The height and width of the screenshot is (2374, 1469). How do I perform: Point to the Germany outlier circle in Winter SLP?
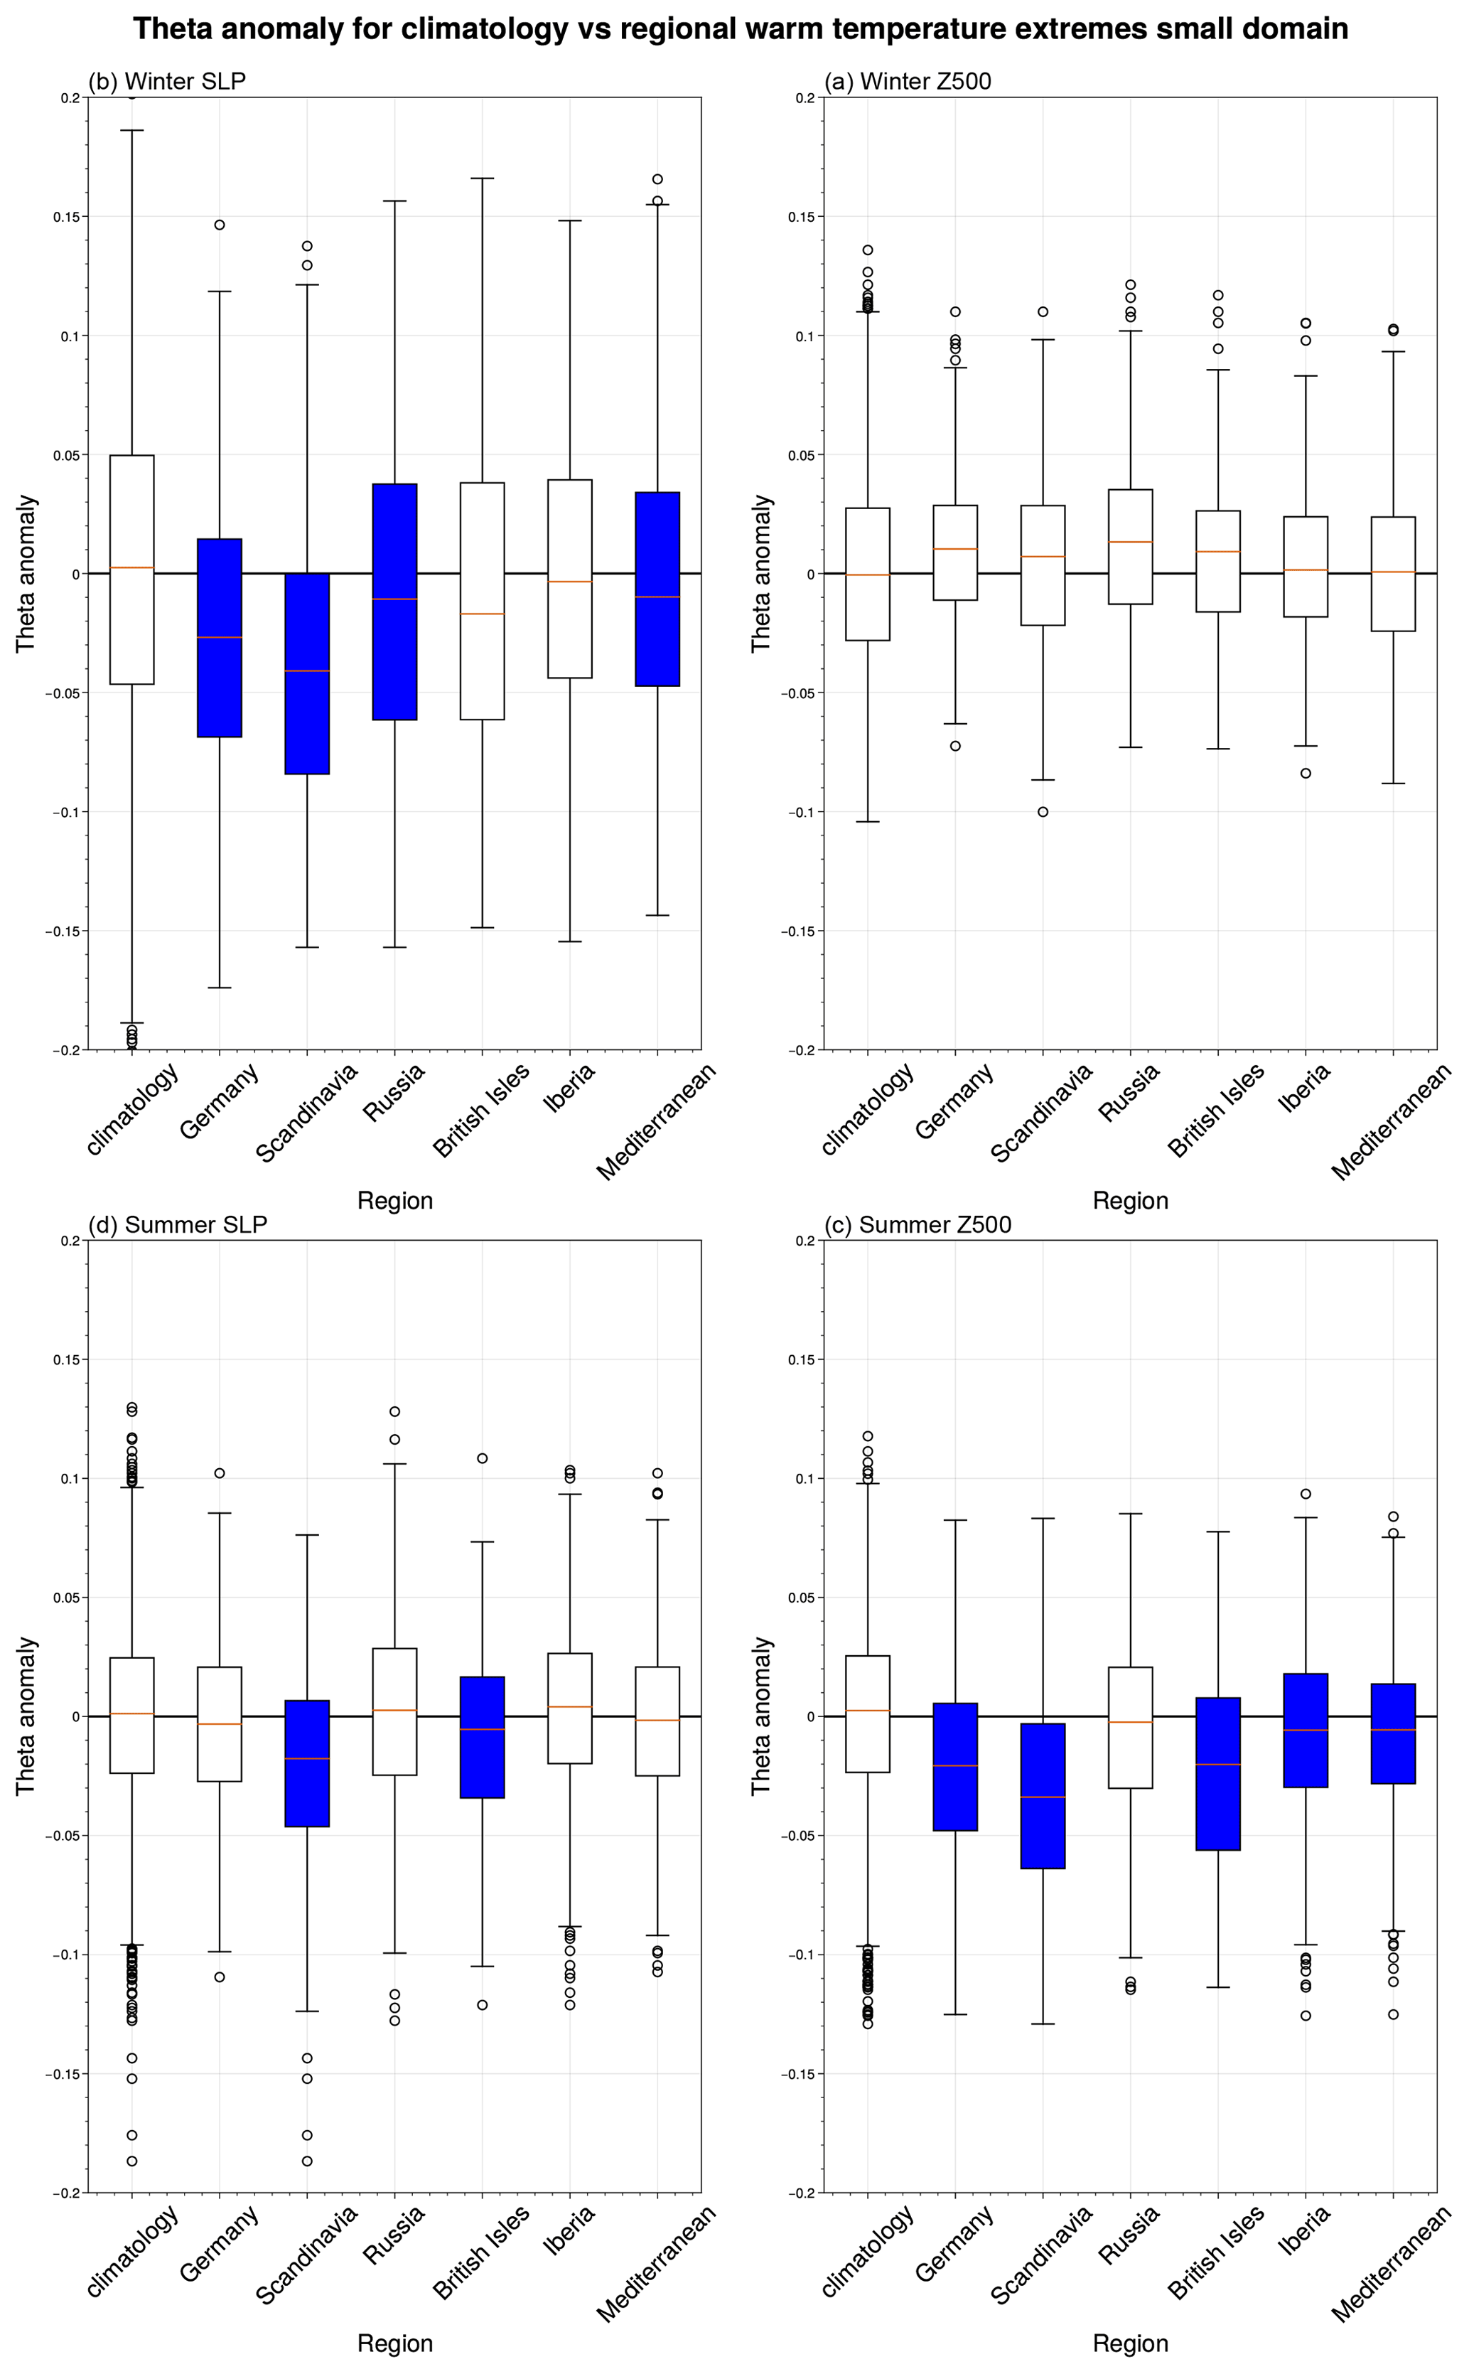point(220,225)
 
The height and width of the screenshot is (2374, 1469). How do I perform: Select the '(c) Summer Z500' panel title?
point(918,1225)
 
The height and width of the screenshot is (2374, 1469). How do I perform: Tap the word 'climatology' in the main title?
point(484,29)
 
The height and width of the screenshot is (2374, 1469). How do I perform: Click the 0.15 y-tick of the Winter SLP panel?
point(66,217)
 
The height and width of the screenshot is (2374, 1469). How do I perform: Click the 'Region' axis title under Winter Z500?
point(1130,1201)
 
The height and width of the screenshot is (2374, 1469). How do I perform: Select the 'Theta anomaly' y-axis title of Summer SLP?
point(26,1716)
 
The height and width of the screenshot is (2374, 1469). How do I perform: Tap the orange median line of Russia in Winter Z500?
point(1130,541)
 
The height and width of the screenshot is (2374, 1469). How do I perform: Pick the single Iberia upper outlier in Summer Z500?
point(1306,1495)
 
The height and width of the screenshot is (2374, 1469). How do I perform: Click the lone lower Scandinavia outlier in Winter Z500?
point(1043,811)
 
